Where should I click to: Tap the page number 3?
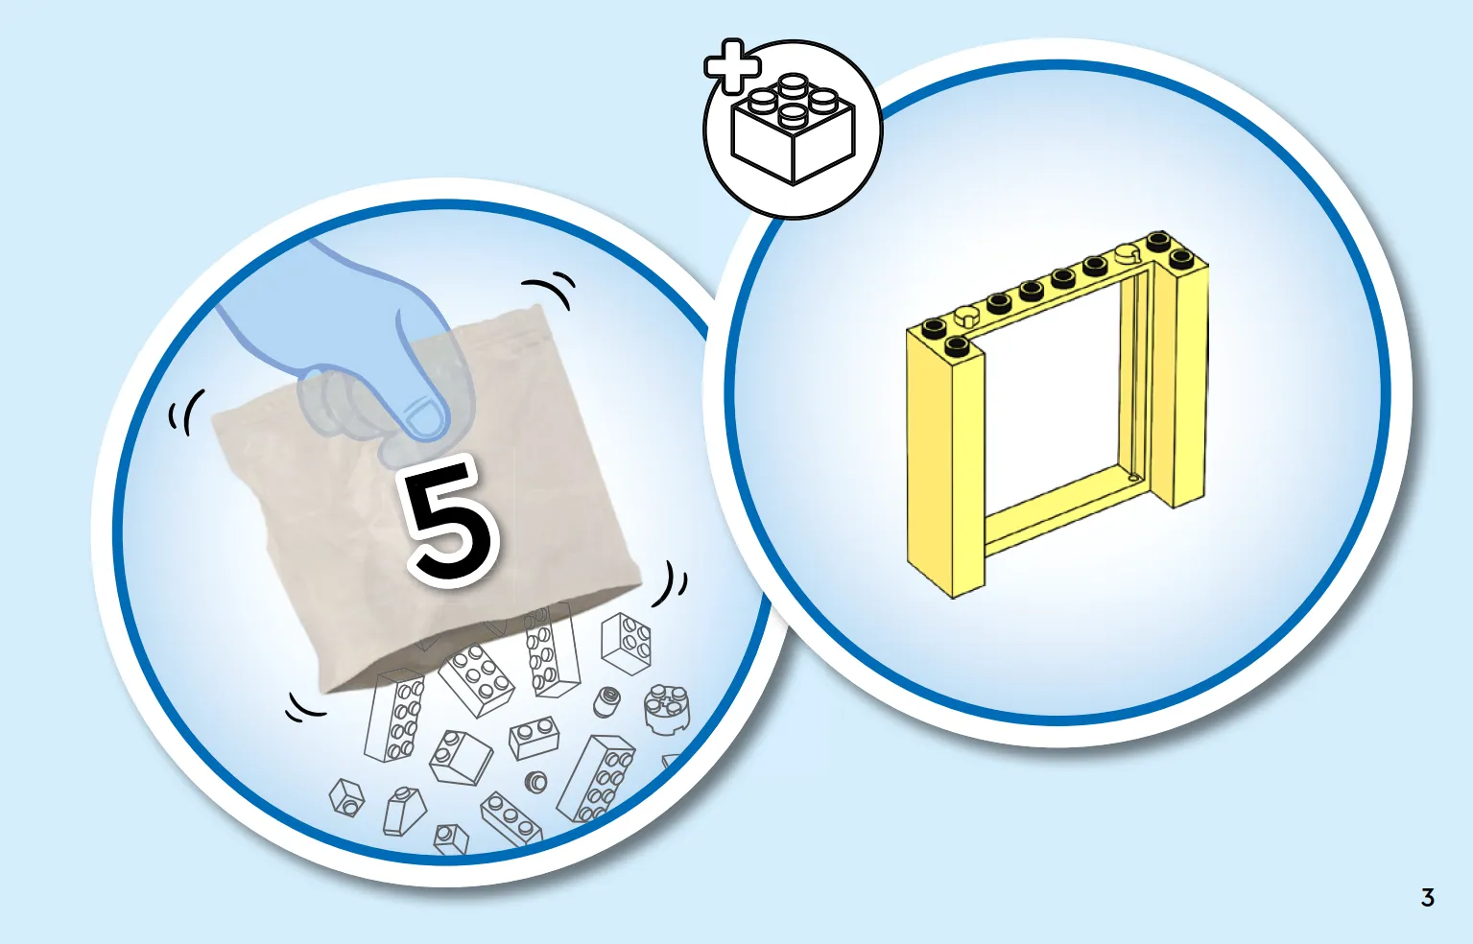click(1427, 898)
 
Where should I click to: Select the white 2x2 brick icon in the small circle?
click(793, 129)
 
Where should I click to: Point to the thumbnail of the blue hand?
click(426, 421)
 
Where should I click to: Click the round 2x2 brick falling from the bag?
click(666, 709)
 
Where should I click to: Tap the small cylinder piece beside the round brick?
click(606, 702)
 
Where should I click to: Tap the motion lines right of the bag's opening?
click(671, 583)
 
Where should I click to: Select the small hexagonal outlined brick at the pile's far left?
click(346, 797)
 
